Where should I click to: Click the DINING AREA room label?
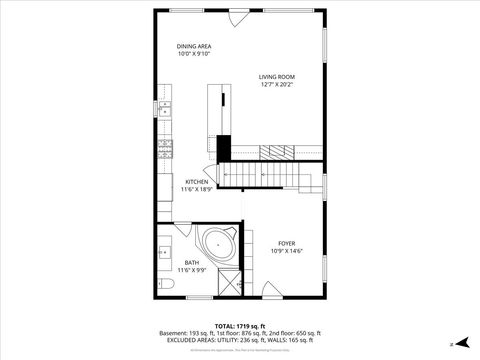pos(194,46)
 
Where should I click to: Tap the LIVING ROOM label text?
pos(277,77)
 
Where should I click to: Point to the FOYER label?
pos(286,243)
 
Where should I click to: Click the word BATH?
pos(191,263)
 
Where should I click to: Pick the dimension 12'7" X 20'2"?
pos(277,85)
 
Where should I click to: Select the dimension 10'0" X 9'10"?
pos(194,54)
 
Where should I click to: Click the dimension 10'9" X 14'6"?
pos(286,251)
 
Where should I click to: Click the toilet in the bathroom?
pos(166,286)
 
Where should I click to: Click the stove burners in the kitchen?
pos(165,151)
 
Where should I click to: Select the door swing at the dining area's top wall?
pos(237,19)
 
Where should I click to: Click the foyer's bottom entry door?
pos(272,290)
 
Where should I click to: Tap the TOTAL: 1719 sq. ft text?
pos(239,326)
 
